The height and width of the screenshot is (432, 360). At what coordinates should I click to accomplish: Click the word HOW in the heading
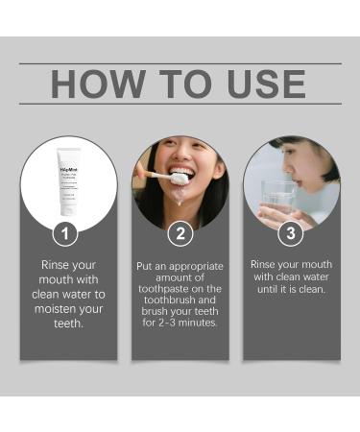pyautogui.click(x=95, y=84)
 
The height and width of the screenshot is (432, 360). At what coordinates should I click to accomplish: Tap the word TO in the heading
pyautogui.click(x=180, y=84)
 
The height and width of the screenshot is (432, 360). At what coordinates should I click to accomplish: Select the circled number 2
pyautogui.click(x=180, y=233)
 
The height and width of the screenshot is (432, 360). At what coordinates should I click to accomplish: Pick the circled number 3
pyautogui.click(x=292, y=233)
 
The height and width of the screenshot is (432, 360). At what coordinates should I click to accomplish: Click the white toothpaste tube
pyautogui.click(x=69, y=181)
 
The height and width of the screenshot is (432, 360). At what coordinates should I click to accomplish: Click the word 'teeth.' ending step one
pyautogui.click(x=69, y=325)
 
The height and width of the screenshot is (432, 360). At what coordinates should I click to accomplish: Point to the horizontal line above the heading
pyautogui.click(x=180, y=63)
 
